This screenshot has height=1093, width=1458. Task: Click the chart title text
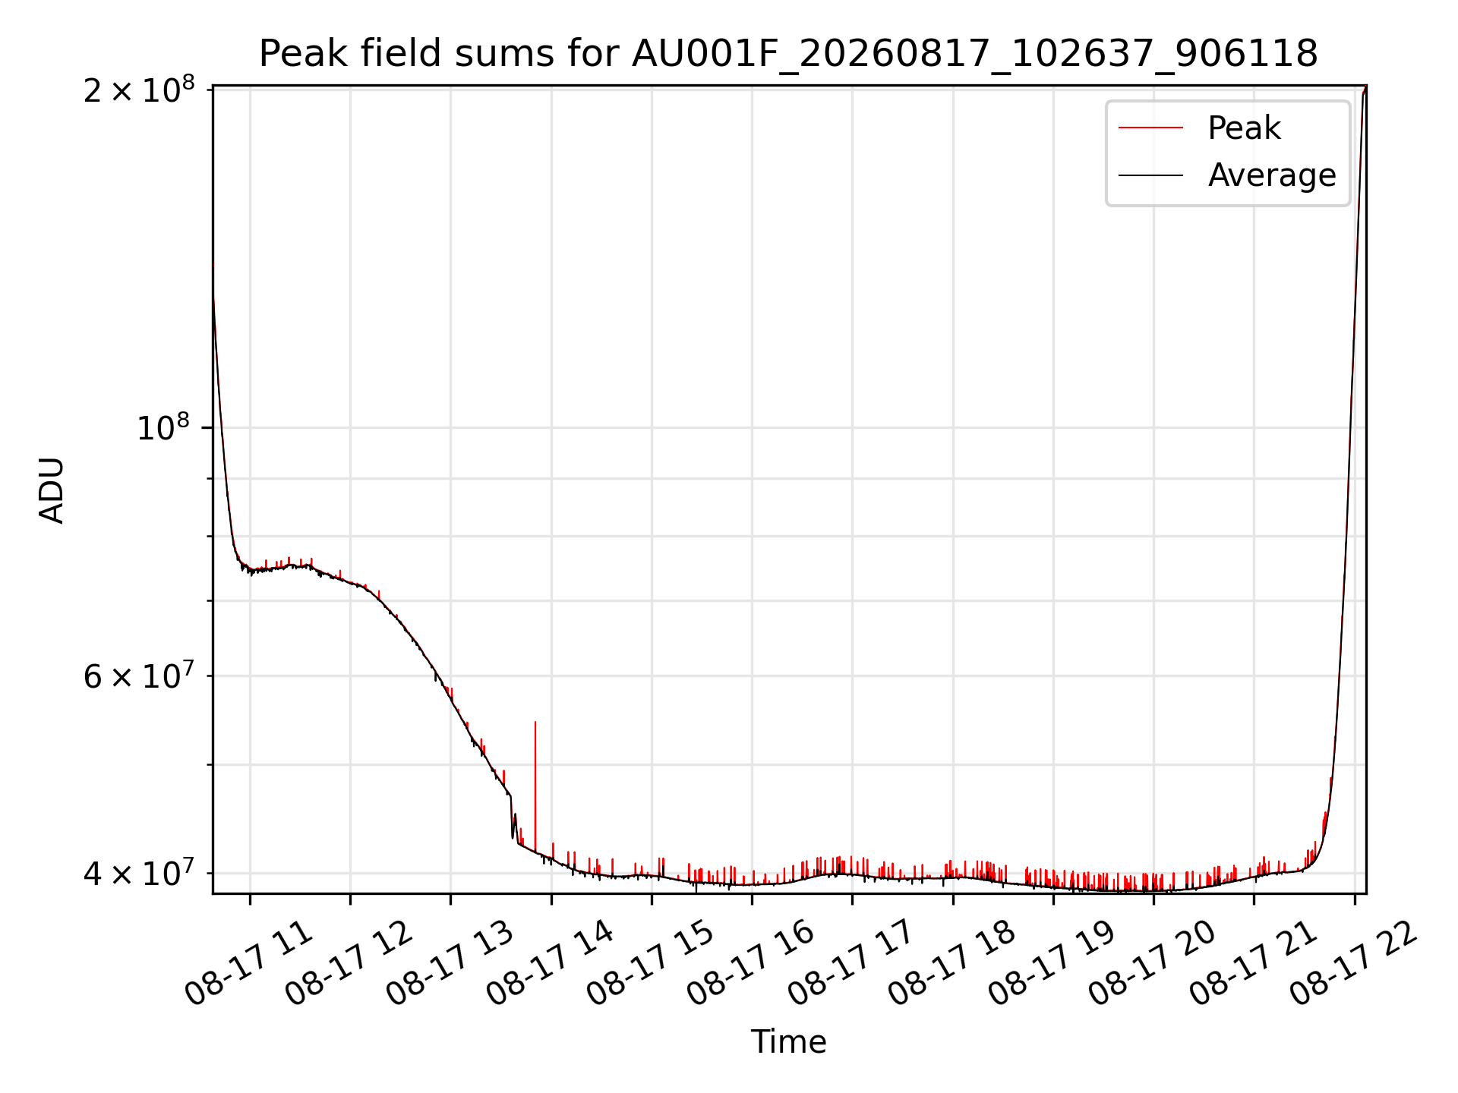[788, 54]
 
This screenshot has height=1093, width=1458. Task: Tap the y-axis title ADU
[52, 490]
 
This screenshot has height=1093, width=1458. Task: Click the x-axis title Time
[788, 1041]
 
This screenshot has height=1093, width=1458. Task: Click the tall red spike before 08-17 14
[535, 786]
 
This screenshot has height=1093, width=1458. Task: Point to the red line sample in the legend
[1150, 128]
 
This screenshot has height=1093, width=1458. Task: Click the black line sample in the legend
[1150, 175]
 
